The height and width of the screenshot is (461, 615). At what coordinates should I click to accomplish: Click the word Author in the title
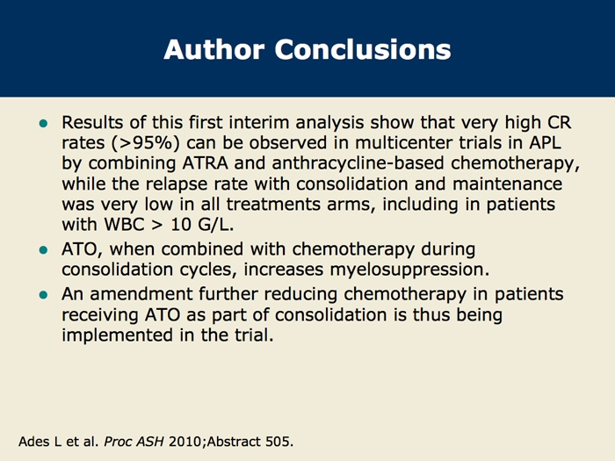(213, 49)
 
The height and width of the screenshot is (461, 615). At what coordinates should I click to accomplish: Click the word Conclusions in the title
(363, 49)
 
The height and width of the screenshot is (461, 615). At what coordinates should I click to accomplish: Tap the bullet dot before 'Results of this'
(44, 124)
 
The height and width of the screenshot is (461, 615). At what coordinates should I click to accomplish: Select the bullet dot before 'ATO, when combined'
(44, 250)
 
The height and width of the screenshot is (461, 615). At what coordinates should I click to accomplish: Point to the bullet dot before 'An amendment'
(44, 295)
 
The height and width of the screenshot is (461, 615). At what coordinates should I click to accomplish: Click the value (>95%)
(145, 143)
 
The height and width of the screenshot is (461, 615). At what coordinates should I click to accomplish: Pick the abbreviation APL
(546, 142)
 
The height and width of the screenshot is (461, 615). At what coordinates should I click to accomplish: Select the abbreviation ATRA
(205, 163)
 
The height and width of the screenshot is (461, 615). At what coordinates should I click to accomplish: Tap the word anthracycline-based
(358, 163)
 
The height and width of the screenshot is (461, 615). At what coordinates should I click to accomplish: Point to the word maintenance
(508, 184)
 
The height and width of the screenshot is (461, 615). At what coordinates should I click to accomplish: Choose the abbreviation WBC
(123, 225)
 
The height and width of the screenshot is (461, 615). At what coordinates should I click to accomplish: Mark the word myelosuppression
(407, 270)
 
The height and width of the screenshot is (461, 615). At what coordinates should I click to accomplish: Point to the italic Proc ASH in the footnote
(134, 442)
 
